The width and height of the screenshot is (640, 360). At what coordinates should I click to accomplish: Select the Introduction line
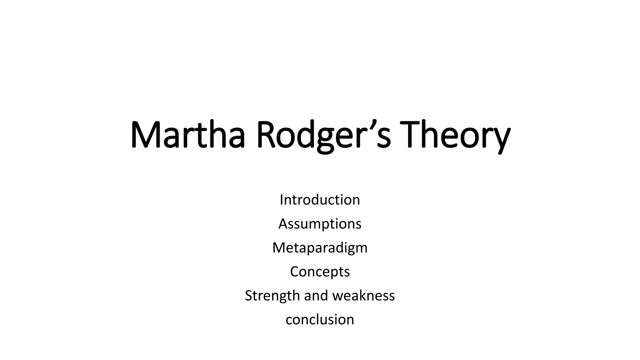[320, 200]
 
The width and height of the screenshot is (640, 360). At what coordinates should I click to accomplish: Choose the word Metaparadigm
[320, 248]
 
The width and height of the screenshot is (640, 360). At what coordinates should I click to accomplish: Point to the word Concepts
[320, 272]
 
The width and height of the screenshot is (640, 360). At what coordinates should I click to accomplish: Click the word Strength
[272, 296]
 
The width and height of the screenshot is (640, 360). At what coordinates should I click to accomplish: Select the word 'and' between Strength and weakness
[316, 296]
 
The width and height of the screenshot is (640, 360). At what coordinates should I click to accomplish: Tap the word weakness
[363, 296]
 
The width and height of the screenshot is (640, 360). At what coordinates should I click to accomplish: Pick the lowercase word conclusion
[320, 319]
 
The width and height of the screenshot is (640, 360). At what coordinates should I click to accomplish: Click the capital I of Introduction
[282, 200]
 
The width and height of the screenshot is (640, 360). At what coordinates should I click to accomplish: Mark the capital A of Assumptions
[283, 224]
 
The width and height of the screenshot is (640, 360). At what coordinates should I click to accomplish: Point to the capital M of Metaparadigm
[279, 248]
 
